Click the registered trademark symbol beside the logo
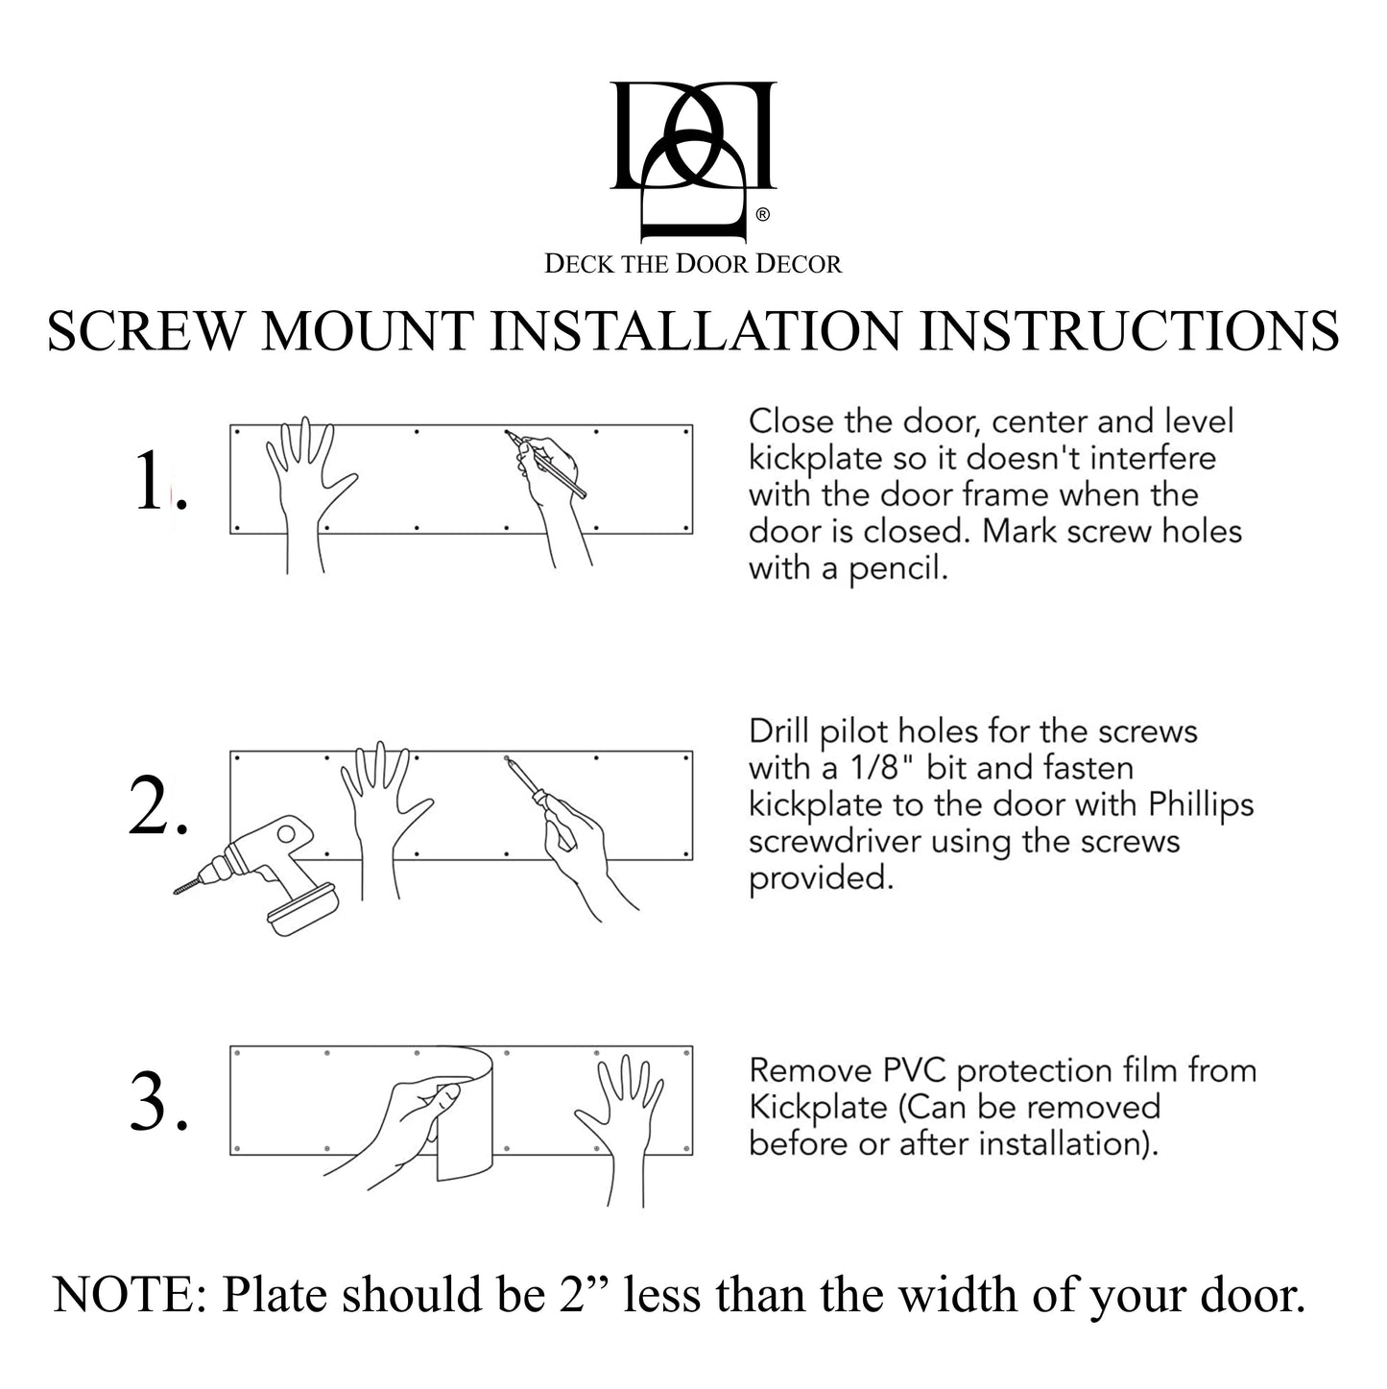click(762, 216)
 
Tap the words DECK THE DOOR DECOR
click(693, 263)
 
